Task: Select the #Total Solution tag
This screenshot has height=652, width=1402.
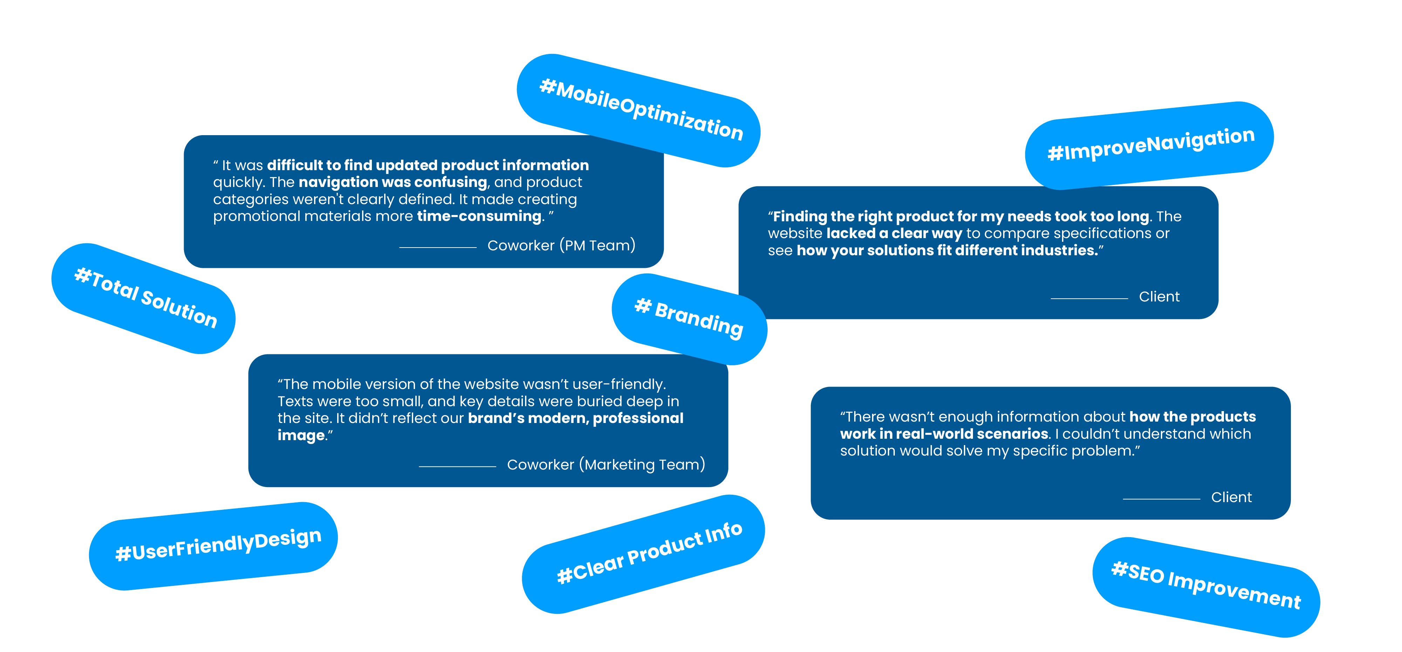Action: (144, 298)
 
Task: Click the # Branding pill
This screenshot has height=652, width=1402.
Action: (689, 319)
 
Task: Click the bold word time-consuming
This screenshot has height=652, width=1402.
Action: (479, 216)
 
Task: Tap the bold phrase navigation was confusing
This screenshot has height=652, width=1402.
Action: (393, 182)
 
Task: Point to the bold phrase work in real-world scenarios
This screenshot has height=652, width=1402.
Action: (944, 434)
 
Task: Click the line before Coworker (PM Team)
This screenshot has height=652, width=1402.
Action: (437, 248)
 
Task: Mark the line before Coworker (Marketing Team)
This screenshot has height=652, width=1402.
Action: (457, 466)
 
